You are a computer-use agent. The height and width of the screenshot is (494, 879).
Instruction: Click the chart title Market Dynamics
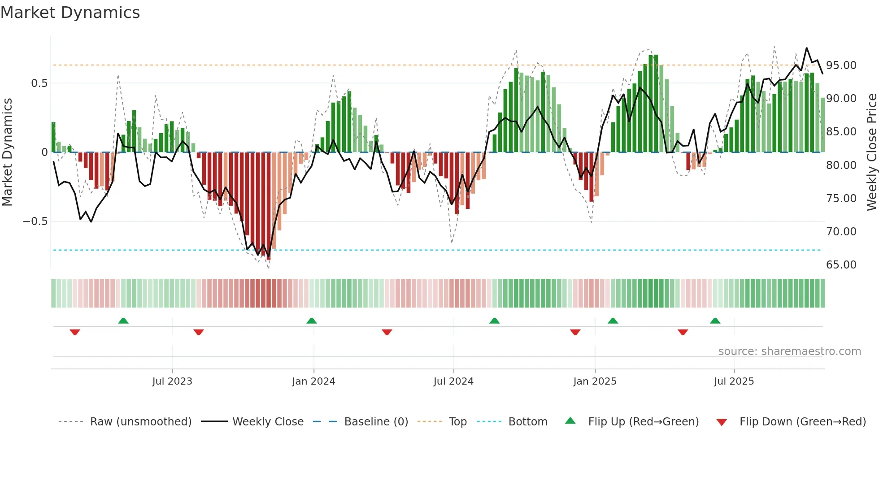click(70, 13)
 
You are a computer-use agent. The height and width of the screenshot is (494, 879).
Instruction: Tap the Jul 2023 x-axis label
click(172, 381)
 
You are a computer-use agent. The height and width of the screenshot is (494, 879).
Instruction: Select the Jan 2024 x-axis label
click(313, 381)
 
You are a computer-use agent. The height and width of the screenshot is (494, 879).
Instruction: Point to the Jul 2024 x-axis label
click(453, 381)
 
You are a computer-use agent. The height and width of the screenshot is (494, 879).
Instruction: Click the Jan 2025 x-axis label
click(595, 381)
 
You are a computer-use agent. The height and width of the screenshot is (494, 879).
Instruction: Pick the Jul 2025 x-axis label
click(734, 381)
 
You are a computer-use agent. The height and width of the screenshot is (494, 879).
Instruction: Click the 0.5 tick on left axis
click(39, 83)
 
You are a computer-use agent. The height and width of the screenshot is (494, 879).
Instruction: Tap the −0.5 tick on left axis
click(35, 221)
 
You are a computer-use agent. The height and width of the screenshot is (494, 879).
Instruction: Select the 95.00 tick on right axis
click(841, 65)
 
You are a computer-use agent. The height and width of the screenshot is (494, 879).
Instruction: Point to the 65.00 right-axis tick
click(841, 265)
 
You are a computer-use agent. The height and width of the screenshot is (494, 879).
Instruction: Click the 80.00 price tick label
click(841, 165)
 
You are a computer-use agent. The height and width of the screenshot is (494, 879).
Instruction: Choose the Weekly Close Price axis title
click(871, 152)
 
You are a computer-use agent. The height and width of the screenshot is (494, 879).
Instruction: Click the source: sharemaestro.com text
click(789, 351)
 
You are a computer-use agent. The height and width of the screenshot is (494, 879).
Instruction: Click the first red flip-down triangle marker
click(75, 332)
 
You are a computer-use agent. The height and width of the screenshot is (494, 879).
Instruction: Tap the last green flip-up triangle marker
click(715, 321)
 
